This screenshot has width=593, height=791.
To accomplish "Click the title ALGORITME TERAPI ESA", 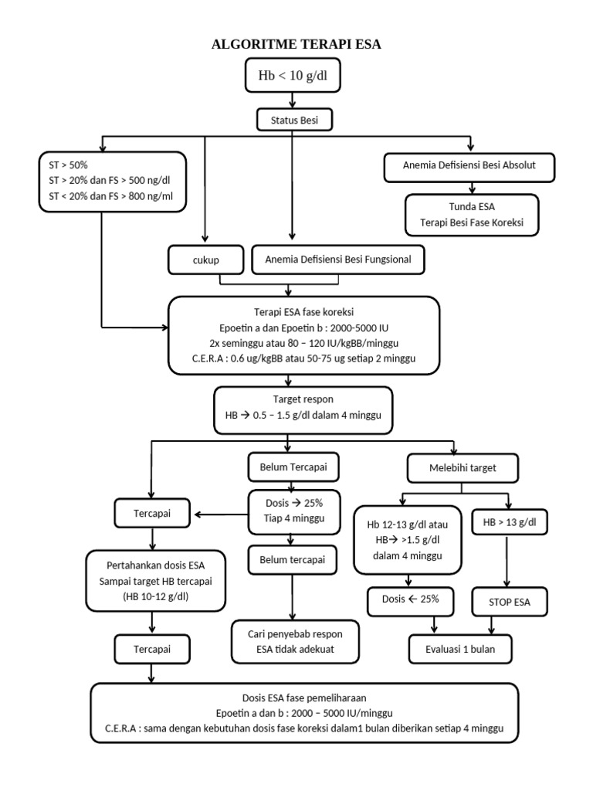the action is click(296, 44).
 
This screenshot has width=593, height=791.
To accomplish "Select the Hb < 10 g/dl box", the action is click(293, 75).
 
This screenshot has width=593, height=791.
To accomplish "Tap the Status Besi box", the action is click(294, 120).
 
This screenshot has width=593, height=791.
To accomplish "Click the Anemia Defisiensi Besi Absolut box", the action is click(469, 167).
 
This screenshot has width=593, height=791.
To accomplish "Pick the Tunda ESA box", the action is click(472, 215).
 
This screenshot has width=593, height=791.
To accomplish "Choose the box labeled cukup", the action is click(205, 260).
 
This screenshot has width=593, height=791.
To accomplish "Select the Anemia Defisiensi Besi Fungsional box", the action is click(338, 260).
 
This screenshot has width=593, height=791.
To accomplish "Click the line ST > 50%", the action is click(68, 165).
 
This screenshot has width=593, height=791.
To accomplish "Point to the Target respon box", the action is click(303, 410).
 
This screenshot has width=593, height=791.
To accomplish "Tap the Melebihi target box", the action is click(463, 468).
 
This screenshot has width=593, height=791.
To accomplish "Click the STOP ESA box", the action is click(510, 602).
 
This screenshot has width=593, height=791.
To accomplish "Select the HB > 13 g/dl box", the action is click(510, 522).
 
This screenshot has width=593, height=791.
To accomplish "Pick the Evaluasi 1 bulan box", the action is click(460, 649).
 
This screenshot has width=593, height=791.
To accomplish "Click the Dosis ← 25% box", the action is click(411, 601).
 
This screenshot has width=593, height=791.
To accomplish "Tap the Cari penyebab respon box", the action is click(295, 642).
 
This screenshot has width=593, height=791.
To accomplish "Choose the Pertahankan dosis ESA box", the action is click(155, 581).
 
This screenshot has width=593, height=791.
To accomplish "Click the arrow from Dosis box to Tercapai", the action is click(222, 514).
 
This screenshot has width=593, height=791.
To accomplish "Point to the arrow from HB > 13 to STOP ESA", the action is click(507, 561).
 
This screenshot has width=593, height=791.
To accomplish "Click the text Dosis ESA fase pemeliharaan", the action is click(304, 698).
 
